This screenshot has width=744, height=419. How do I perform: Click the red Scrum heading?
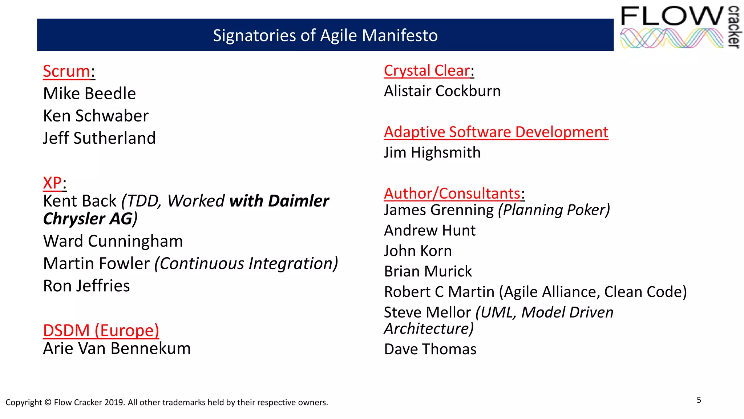point(66,71)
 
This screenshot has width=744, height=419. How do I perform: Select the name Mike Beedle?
point(89,94)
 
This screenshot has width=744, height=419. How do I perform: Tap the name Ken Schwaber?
point(96,116)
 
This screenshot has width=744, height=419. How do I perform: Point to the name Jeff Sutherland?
point(99,139)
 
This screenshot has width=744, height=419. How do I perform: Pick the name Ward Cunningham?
point(113,242)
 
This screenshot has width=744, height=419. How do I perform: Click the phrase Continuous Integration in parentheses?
point(246,264)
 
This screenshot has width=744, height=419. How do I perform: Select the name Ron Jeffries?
point(86,286)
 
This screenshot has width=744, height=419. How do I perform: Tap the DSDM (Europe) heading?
point(101,331)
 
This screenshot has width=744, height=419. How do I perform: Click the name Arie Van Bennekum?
point(117,349)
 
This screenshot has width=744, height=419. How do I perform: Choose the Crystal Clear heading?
point(427,71)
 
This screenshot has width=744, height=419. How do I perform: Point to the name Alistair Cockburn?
point(442,91)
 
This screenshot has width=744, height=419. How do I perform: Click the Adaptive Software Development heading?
point(496,132)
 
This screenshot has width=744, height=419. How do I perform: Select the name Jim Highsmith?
point(432,153)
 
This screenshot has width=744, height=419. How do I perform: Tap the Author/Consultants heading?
point(452,193)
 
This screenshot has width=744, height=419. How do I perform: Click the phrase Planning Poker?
point(554,210)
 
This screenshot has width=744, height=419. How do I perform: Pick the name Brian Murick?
point(428,272)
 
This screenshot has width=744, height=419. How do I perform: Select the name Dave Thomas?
point(430,350)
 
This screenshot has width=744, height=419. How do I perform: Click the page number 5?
point(699,400)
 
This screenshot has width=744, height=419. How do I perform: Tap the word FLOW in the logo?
point(672,16)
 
